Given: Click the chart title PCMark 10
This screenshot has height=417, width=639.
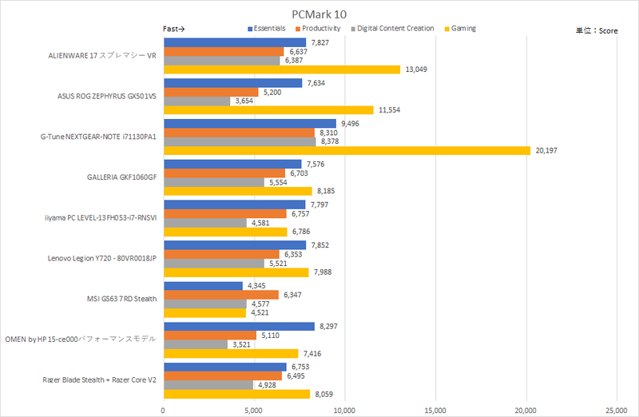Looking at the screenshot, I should click(x=319, y=13).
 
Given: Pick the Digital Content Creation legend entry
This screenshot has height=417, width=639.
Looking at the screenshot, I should click(x=395, y=29).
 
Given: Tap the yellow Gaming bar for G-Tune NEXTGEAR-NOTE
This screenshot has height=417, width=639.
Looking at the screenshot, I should click(x=347, y=150).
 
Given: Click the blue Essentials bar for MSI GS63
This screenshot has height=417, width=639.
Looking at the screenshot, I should click(x=203, y=285).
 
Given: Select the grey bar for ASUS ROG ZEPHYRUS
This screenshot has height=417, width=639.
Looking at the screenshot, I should click(x=196, y=101).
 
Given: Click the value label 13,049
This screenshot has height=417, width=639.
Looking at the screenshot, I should click(x=417, y=69).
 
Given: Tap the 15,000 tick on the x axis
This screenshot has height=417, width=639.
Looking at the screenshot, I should click(x=435, y=410).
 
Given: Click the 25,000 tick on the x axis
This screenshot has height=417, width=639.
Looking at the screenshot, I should click(x=616, y=410).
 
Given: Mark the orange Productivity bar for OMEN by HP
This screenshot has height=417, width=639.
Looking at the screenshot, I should click(x=209, y=336).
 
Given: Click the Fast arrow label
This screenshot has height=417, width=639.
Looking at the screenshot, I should click(x=174, y=30).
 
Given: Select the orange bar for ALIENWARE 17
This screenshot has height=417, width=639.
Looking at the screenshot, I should click(x=223, y=51).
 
